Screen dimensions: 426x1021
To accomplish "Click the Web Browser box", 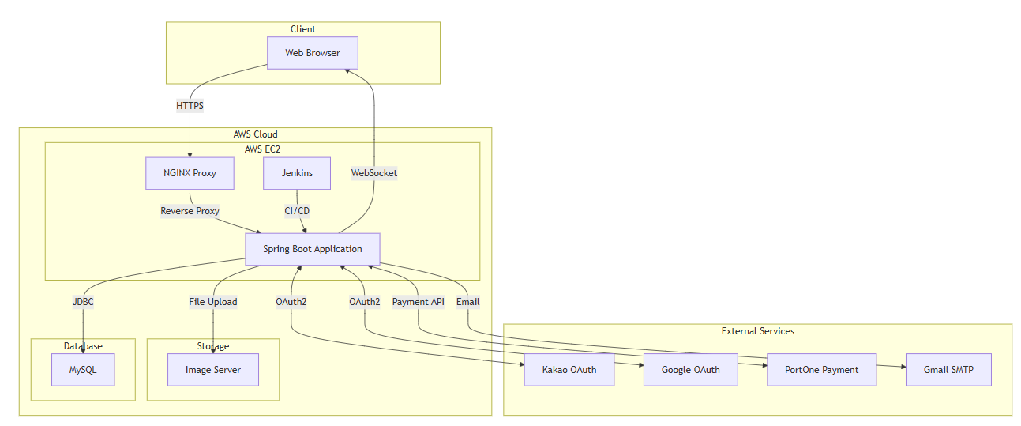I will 312,53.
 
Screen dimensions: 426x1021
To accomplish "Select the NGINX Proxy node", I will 190,173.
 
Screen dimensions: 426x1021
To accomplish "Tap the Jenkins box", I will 297,173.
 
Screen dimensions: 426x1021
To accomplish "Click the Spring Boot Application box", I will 313,249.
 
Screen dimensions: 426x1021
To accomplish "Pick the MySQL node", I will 83,370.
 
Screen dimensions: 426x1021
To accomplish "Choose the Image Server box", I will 213,370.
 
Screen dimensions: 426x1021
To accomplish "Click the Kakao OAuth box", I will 569,370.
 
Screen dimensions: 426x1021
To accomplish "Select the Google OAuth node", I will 691,370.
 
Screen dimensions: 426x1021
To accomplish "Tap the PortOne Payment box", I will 822,370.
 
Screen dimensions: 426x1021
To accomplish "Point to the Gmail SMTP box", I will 948,370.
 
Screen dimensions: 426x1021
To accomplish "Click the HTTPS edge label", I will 190,105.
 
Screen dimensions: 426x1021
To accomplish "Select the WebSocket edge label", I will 374,173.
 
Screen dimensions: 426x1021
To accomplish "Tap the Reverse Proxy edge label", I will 190,211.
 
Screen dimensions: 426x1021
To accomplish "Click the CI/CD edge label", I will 297,211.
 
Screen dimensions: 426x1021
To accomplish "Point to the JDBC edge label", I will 83,301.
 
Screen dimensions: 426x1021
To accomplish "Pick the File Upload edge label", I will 213,301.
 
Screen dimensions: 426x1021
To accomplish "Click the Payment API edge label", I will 419,301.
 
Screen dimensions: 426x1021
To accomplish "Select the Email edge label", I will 468,301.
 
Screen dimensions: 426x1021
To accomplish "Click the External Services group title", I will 758,331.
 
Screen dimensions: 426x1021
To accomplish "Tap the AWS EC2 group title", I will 263,149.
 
